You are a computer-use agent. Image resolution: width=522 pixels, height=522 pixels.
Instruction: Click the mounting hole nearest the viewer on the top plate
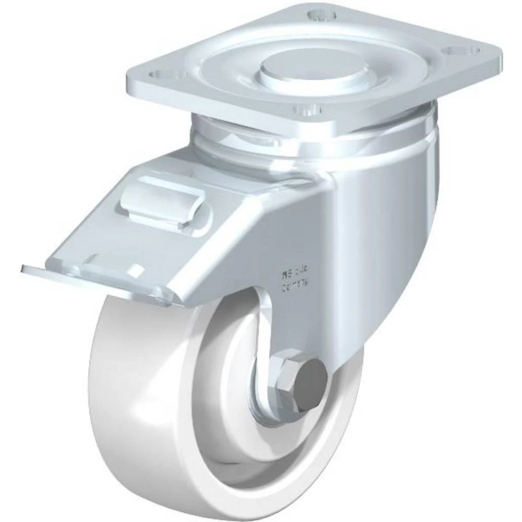click(306, 110)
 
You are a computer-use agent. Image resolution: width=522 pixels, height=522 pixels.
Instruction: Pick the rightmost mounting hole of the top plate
click(470, 51)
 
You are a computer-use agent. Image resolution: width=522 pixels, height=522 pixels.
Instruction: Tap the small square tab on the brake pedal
click(134, 271)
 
